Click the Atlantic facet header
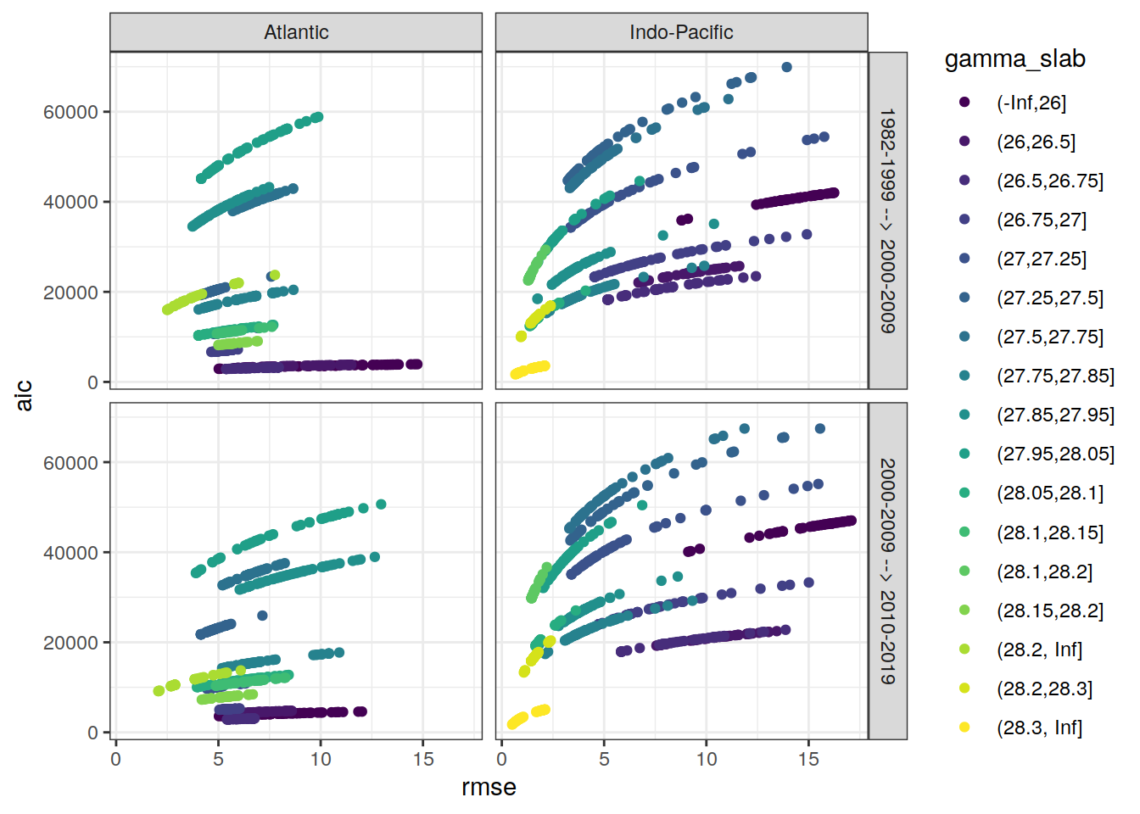(296, 32)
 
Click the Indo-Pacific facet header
(681, 32)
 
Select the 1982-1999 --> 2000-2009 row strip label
(887, 220)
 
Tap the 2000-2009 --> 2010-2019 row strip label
(887, 571)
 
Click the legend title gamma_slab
(1014, 59)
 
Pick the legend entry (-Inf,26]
(1031, 103)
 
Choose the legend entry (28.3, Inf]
(1039, 728)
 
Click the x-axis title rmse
(489, 788)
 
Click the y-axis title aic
(24, 395)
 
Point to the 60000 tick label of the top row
(70, 112)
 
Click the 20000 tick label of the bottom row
(70, 643)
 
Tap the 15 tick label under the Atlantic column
(423, 760)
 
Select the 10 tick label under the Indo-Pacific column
(707, 760)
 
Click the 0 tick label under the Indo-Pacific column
(502, 760)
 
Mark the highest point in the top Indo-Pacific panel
(786, 67)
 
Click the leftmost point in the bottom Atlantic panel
(159, 691)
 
